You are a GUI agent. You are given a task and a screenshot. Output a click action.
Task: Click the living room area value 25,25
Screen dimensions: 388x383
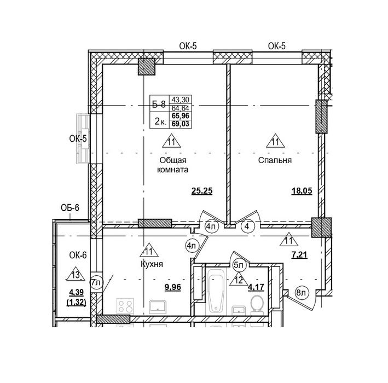(x=202, y=191)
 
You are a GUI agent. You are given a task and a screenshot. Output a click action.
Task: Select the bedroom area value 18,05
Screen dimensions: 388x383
(x=302, y=191)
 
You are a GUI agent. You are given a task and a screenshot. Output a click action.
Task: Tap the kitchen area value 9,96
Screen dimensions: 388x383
(x=173, y=287)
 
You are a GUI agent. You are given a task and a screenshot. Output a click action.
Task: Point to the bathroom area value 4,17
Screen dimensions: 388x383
(x=256, y=287)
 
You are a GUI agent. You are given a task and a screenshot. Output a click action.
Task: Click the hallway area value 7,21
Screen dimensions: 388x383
(x=299, y=254)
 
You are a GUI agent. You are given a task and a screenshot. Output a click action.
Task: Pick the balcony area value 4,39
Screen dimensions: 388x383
(x=77, y=292)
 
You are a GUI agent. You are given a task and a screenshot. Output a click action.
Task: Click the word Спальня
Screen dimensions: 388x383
(x=275, y=160)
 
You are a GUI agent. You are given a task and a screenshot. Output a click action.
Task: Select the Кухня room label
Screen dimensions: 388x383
(x=152, y=264)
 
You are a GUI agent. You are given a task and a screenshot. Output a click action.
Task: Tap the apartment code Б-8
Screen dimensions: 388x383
(x=159, y=105)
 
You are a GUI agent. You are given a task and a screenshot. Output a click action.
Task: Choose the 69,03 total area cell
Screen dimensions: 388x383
(x=181, y=124)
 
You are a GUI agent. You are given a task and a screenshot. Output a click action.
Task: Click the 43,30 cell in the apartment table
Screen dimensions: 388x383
(x=181, y=100)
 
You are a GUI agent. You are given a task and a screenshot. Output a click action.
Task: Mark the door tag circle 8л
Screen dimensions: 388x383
(x=301, y=293)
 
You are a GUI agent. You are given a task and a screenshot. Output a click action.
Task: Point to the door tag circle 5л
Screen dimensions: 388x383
(x=239, y=265)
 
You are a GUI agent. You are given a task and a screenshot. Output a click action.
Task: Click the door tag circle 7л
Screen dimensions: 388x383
(x=96, y=282)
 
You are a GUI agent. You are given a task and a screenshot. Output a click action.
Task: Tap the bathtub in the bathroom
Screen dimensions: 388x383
(x=216, y=290)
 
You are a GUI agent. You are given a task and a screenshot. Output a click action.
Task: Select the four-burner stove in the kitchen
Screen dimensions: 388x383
(x=125, y=306)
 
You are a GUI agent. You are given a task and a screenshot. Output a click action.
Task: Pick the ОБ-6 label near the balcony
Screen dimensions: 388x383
(x=70, y=208)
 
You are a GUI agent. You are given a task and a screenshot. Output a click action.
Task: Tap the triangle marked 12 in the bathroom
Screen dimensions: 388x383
(x=239, y=280)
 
